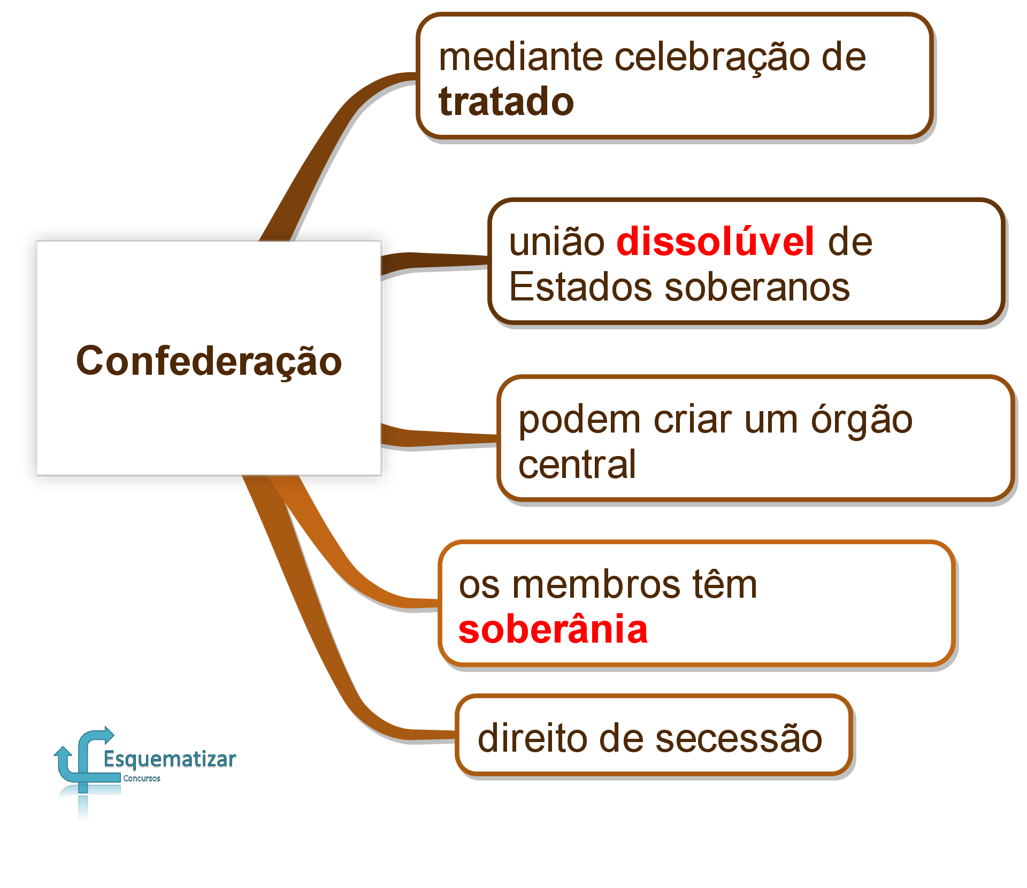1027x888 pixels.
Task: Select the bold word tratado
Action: tap(506, 102)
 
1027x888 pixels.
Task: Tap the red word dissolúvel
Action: tap(716, 241)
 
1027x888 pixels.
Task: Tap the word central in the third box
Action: tap(577, 464)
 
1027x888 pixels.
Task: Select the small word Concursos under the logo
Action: tap(142, 778)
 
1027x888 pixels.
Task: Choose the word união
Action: tap(557, 241)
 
